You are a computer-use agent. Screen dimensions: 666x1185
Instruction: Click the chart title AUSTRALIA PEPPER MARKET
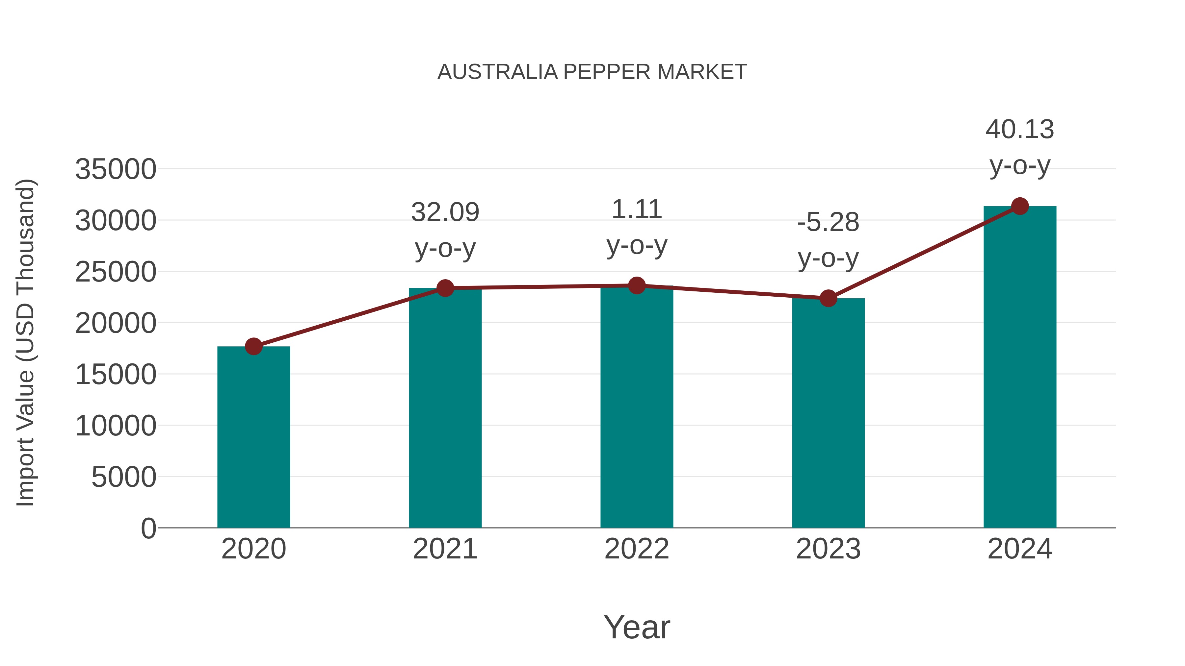click(592, 72)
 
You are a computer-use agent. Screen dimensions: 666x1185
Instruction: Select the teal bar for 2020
click(253, 437)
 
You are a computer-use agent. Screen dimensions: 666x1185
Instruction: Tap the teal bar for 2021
click(445, 409)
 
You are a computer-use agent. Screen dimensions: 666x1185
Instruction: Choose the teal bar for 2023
click(828, 414)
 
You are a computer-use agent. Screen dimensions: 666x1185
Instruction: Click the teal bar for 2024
click(1020, 368)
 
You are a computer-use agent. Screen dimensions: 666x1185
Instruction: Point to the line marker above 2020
click(253, 347)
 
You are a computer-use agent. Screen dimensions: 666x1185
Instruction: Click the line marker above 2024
click(1020, 206)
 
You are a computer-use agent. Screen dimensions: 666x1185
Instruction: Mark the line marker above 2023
click(828, 299)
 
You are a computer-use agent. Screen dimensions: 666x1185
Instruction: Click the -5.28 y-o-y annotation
click(828, 240)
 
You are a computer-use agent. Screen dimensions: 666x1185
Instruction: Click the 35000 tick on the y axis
click(116, 169)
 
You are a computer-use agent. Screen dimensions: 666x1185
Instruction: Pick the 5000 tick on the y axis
click(124, 477)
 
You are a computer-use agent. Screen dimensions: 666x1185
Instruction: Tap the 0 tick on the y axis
click(148, 529)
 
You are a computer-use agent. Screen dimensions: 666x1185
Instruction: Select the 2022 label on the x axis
click(637, 549)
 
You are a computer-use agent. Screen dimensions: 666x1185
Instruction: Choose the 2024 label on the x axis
click(1020, 549)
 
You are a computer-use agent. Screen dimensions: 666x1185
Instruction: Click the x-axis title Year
click(637, 627)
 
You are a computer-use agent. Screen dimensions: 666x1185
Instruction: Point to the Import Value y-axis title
click(26, 342)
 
